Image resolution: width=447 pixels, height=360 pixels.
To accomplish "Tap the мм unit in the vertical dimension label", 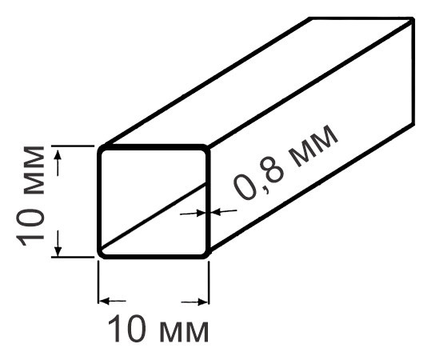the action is [x=34, y=170].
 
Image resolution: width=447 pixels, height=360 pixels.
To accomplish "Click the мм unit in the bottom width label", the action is [x=184, y=332].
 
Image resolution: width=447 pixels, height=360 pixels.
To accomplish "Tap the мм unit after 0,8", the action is [x=312, y=146].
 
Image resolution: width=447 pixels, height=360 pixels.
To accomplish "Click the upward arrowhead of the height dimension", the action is [x=58, y=154].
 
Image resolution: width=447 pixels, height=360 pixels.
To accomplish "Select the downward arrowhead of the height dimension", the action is [x=58, y=250].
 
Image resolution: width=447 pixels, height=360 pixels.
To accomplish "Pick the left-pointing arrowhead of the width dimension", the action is [x=104, y=301].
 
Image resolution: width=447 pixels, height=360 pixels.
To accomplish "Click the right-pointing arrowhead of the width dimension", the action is [x=202, y=302].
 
